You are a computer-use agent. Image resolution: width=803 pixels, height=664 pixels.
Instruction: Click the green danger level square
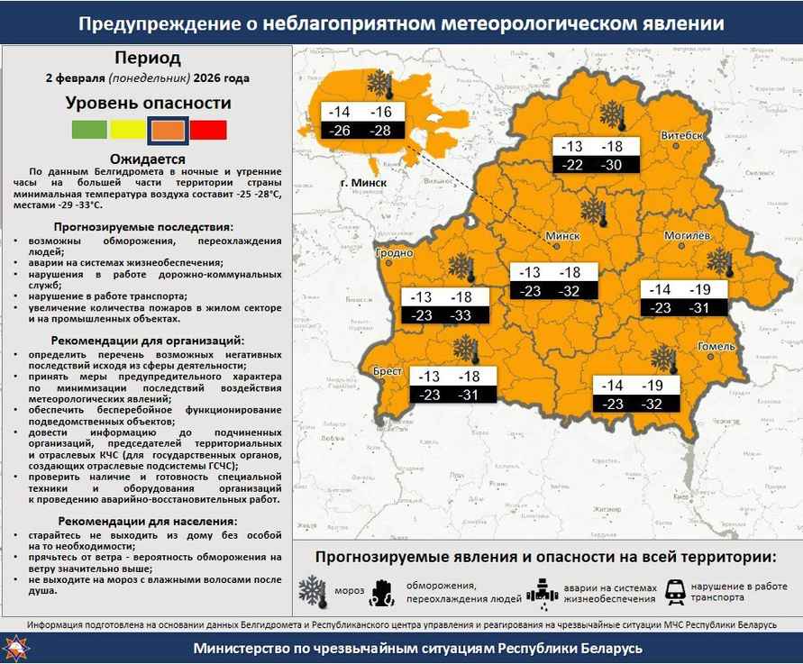coord(89,130)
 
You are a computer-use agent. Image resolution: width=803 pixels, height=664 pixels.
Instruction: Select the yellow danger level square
coord(128,130)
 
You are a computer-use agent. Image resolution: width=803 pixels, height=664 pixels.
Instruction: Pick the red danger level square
coord(208,130)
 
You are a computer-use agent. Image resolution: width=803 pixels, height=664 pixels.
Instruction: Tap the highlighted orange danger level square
coord(169,130)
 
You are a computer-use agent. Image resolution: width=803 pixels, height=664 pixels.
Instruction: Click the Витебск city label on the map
coord(681,135)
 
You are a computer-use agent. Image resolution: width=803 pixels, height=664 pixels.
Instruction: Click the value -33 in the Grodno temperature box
coord(461,315)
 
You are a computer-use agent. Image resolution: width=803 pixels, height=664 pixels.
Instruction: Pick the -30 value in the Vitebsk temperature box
coord(612,165)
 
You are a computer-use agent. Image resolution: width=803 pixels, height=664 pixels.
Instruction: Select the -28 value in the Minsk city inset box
coord(380,131)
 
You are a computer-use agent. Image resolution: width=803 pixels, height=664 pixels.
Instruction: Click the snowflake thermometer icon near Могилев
coord(720,262)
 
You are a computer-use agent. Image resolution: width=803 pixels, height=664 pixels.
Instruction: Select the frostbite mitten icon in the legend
coord(383,591)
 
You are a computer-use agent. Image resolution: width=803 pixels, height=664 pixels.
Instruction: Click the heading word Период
coord(148,59)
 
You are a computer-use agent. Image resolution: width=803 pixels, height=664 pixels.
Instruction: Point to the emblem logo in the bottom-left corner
coord(15,648)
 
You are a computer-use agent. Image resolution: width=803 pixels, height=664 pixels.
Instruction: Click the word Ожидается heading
coord(147,159)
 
